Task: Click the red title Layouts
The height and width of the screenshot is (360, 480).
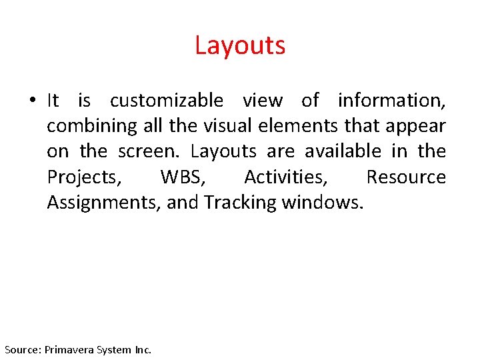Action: click(x=240, y=45)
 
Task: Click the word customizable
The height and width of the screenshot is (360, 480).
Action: click(x=167, y=101)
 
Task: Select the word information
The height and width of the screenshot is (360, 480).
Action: click(x=391, y=101)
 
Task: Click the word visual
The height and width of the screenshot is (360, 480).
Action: click(x=227, y=126)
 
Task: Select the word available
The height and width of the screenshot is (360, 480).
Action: click(x=341, y=151)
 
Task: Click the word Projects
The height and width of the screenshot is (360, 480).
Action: click(x=84, y=177)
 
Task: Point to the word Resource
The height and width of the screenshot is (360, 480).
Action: click(x=406, y=177)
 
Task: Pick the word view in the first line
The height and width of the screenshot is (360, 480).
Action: click(x=262, y=101)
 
